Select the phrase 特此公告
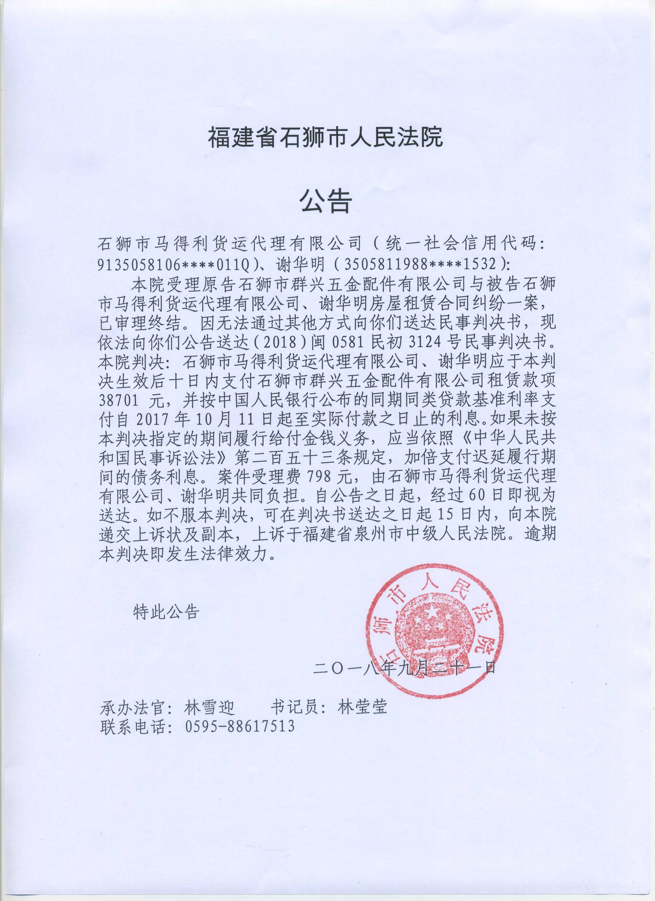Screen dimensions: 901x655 click(166, 612)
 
